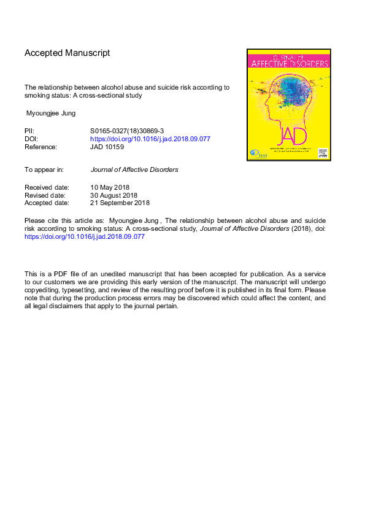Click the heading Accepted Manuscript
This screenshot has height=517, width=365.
point(67,53)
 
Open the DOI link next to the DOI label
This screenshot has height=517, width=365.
point(150,139)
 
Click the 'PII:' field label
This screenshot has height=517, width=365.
point(29,131)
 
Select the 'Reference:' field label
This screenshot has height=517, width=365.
point(40,147)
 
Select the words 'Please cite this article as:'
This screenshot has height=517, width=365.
point(64,220)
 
